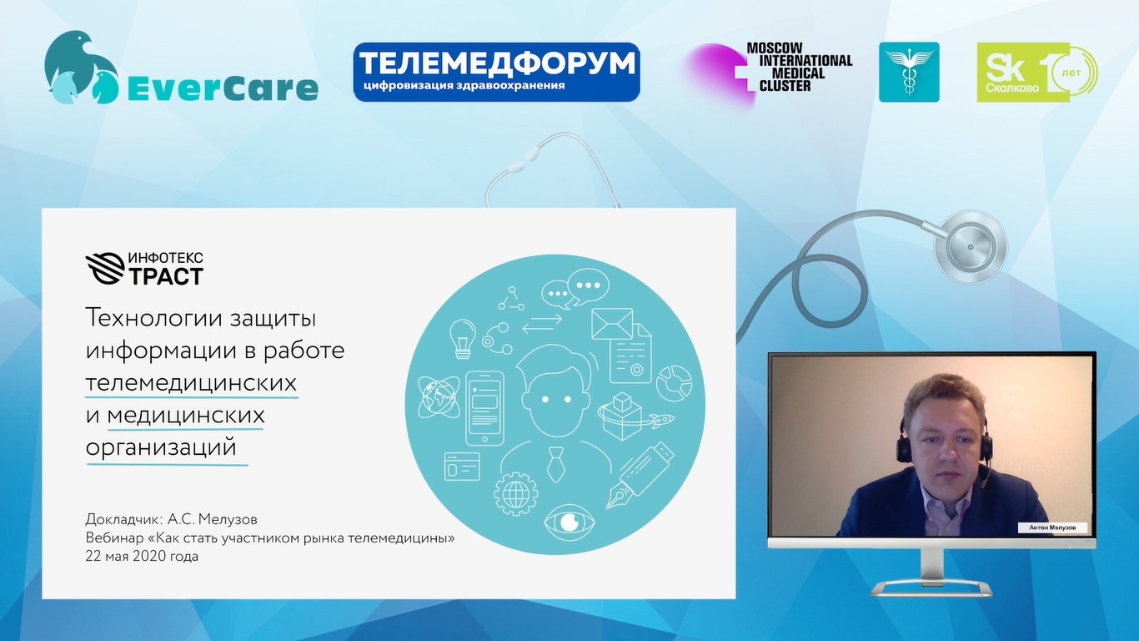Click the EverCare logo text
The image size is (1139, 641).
tap(222, 88)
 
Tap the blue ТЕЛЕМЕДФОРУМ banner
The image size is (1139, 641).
tap(496, 72)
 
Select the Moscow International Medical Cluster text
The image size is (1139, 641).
tap(800, 68)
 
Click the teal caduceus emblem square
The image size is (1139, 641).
tap(909, 72)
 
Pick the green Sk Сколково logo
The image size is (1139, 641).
tap(1036, 73)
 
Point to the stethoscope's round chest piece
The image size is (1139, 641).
tap(971, 247)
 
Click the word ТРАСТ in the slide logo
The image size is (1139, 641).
tap(165, 276)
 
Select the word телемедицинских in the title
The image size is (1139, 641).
tap(191, 383)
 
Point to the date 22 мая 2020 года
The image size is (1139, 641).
tap(142, 557)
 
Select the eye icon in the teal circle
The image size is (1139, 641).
tap(569, 522)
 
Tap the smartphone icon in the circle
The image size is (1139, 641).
tap(484, 408)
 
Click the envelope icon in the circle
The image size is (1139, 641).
tap(612, 324)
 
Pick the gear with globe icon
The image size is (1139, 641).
tap(515, 493)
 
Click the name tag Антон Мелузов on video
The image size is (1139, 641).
tap(1052, 527)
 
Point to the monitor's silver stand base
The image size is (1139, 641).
tap(931, 589)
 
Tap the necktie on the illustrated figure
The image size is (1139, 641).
tap(555, 464)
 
